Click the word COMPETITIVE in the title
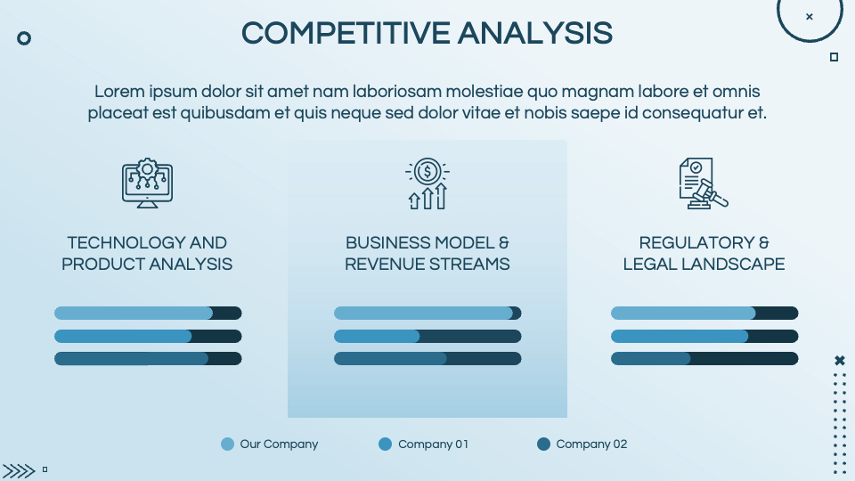346,33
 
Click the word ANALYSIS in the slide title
535,33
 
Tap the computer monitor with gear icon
147,184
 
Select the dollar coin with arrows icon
427,184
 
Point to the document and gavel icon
703,184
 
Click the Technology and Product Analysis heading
147,253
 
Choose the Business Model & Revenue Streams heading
427,253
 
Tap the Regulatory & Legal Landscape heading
704,253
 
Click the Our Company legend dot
228,444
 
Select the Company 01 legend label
433,444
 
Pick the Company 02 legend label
591,444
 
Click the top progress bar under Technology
148,313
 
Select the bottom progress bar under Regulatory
704,358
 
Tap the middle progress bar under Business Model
427,336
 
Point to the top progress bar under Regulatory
704,313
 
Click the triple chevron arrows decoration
19,470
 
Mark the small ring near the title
25,38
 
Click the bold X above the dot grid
839,361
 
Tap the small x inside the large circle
809,16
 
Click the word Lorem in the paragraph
118,92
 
